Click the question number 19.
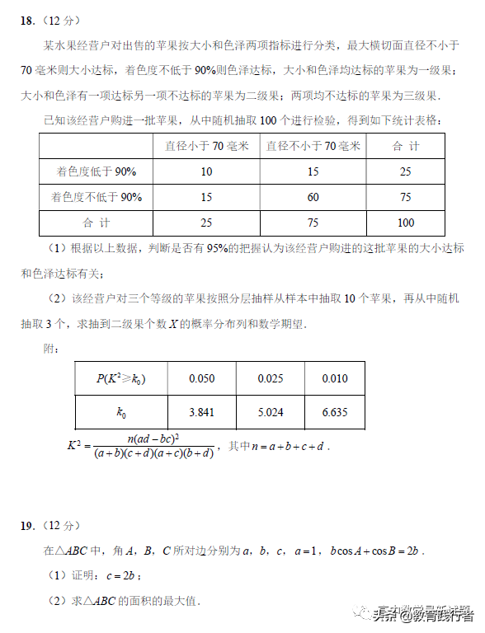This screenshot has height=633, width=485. coord(27,525)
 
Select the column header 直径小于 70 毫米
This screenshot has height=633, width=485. coord(206,146)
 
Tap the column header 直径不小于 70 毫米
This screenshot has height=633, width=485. coord(313,146)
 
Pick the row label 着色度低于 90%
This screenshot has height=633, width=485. coord(96,171)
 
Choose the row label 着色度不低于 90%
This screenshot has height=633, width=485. coord(96,197)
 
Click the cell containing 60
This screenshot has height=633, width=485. coord(313,197)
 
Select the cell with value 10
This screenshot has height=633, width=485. coord(206,171)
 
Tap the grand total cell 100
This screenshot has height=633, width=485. coord(406,223)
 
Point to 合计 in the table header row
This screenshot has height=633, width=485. coord(406,146)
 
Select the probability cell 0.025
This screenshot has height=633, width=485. coord(271,378)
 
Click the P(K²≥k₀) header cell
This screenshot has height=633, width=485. coord(121,378)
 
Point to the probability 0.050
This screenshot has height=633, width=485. coord(202,378)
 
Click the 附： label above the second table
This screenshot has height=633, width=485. coord(51,349)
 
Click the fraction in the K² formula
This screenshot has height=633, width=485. coord(154,446)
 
